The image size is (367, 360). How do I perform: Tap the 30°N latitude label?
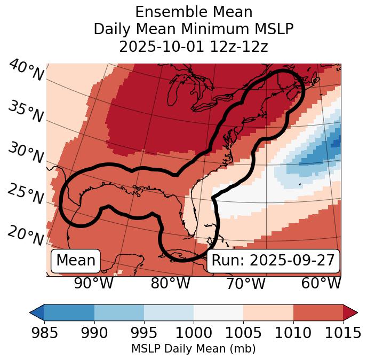(x=25, y=153)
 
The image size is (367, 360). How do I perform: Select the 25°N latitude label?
(x=25, y=194)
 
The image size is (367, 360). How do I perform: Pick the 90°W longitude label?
(x=94, y=284)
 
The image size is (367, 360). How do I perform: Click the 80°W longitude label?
(x=170, y=284)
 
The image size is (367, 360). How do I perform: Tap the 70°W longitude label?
(x=245, y=284)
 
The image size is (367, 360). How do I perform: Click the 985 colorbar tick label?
(x=44, y=333)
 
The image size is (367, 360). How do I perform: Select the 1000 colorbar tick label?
(x=194, y=333)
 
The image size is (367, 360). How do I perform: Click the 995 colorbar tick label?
(x=144, y=333)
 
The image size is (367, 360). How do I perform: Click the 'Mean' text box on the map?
(x=76, y=261)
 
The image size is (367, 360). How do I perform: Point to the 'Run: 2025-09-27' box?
(x=273, y=261)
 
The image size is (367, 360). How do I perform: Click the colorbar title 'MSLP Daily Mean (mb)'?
(x=193, y=349)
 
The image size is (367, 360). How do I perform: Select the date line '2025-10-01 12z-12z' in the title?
(x=194, y=46)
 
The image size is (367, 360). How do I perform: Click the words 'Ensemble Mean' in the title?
(x=194, y=12)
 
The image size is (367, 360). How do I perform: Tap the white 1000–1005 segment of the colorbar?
(x=218, y=312)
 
